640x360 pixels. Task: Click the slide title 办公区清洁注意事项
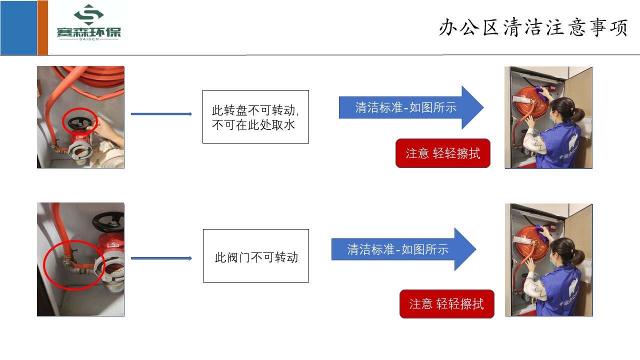(x=533, y=28)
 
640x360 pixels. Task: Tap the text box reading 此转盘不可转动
(x=255, y=116)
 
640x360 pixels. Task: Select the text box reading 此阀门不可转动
(x=255, y=257)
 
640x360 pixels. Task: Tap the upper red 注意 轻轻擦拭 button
(x=442, y=153)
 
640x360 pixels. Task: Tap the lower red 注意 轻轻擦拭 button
(x=446, y=304)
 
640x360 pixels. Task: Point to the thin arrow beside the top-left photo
(x=161, y=114)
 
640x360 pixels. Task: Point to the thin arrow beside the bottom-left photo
(x=161, y=258)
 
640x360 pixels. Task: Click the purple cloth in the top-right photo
(x=539, y=89)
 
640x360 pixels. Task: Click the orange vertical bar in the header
(x=43, y=27)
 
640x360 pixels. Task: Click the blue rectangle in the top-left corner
(x=18, y=27)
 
